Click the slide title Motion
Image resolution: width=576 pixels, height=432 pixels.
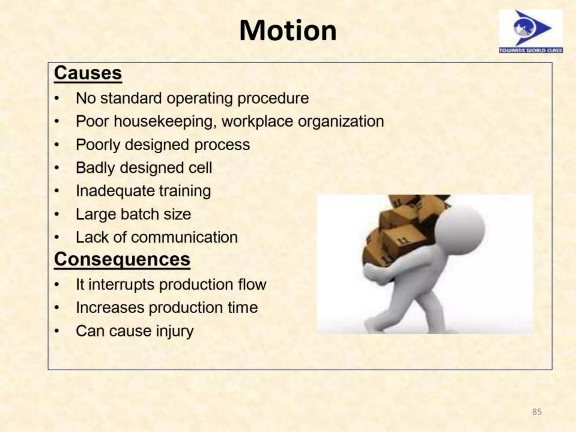click(x=288, y=31)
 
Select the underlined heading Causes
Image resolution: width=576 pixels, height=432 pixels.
click(x=88, y=73)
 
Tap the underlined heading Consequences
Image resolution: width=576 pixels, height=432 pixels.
click(x=122, y=259)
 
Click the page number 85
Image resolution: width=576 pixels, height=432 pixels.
click(x=537, y=412)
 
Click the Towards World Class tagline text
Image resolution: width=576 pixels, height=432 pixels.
click(x=531, y=50)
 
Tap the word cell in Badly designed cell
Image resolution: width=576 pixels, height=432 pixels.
click(x=200, y=168)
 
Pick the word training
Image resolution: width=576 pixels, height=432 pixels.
click(x=185, y=191)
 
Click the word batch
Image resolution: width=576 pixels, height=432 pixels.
click(x=140, y=214)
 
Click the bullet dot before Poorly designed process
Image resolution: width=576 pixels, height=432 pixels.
click(x=57, y=145)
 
